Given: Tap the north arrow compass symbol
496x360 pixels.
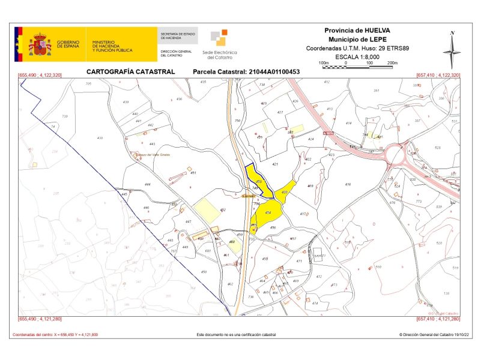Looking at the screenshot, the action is [452, 50].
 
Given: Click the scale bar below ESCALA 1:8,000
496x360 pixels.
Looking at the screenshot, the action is [358, 65].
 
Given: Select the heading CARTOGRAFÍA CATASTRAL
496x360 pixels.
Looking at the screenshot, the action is [130, 71].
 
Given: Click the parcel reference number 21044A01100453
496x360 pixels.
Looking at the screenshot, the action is [246, 71].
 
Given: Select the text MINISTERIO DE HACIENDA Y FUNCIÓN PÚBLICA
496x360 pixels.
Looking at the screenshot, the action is [112, 46].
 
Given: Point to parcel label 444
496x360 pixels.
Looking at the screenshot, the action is [148, 184].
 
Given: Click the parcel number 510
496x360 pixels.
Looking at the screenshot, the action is [378, 266].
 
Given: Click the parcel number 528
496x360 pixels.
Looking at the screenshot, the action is [437, 148].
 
